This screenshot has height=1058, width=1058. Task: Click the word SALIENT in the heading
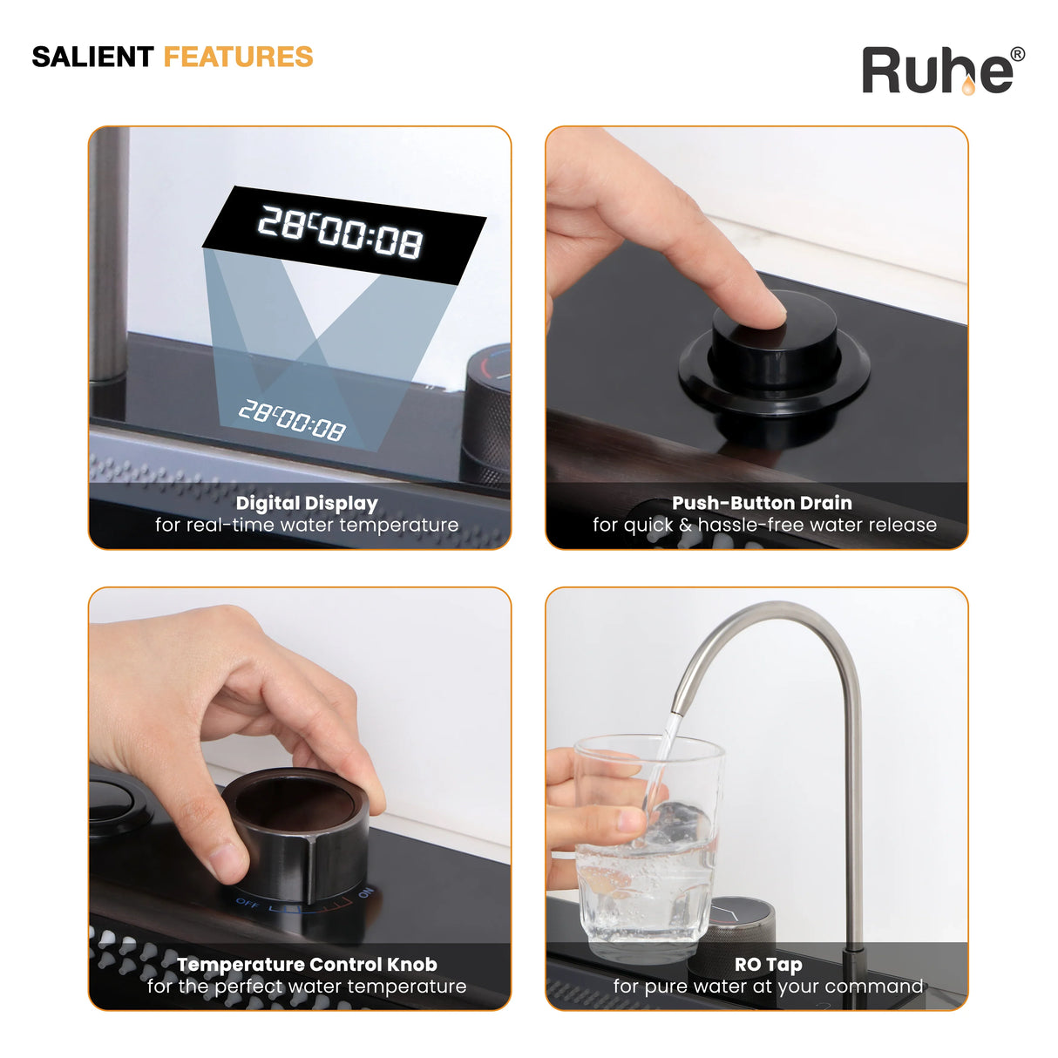click(92, 58)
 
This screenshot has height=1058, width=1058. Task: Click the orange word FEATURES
click(238, 58)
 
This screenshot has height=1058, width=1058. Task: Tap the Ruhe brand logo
click(942, 71)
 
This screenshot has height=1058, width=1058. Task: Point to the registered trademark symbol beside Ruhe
click(1017, 54)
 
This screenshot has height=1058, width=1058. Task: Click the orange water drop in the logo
click(967, 85)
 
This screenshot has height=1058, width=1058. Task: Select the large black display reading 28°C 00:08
click(344, 234)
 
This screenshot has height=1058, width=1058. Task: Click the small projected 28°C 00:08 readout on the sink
click(292, 420)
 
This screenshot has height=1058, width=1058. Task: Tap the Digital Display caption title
click(307, 503)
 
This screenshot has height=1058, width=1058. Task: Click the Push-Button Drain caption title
click(762, 502)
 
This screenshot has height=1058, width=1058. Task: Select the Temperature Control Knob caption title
click(307, 964)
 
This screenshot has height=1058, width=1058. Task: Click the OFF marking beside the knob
click(247, 903)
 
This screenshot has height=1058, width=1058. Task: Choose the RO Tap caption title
click(769, 964)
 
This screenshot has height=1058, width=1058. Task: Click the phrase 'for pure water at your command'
click(768, 986)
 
